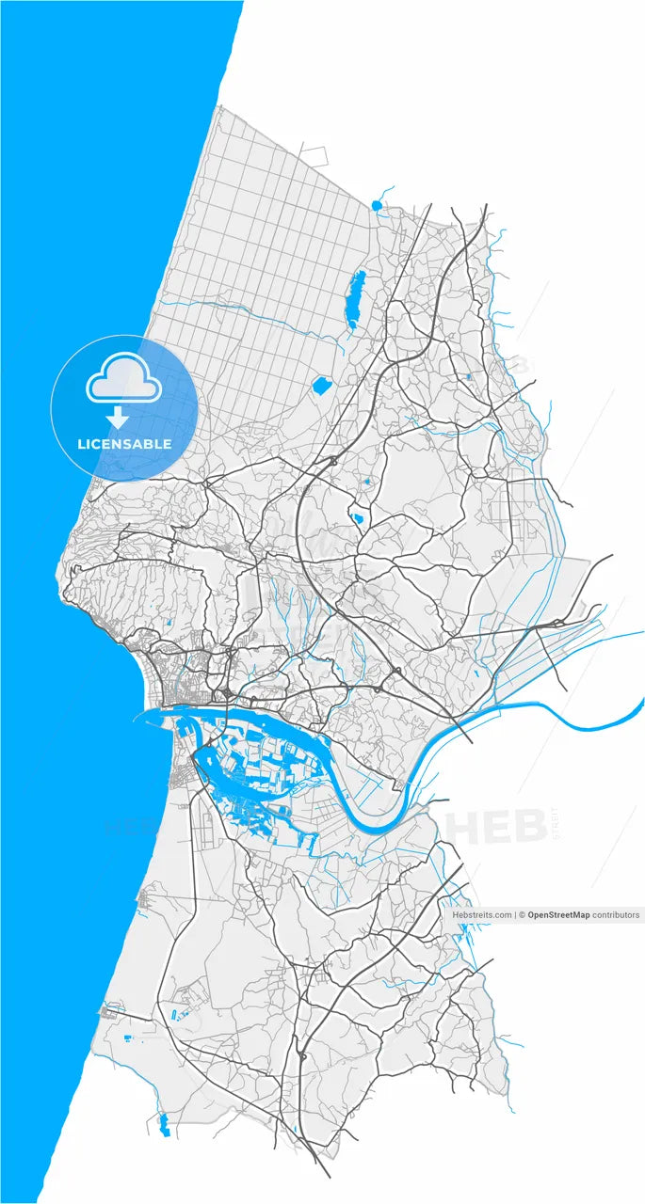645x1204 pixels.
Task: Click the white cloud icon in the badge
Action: pyautogui.click(x=124, y=377)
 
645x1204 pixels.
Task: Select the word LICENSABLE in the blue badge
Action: pyautogui.click(x=124, y=444)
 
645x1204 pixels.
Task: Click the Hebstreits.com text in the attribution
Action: pyautogui.click(x=482, y=914)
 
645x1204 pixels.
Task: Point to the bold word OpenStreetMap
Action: pyautogui.click(x=558, y=914)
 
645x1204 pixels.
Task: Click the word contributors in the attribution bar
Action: pyautogui.click(x=616, y=914)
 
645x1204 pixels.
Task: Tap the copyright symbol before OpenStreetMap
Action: pyautogui.click(x=523, y=914)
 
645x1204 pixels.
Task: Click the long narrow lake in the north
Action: pyautogui.click(x=356, y=298)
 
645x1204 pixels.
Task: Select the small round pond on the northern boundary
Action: pyautogui.click(x=378, y=204)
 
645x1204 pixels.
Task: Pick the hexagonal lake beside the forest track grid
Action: pyautogui.click(x=320, y=385)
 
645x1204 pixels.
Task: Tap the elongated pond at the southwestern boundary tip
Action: pyautogui.click(x=164, y=1123)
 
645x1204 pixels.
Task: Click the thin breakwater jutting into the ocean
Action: pyautogui.click(x=151, y=714)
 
